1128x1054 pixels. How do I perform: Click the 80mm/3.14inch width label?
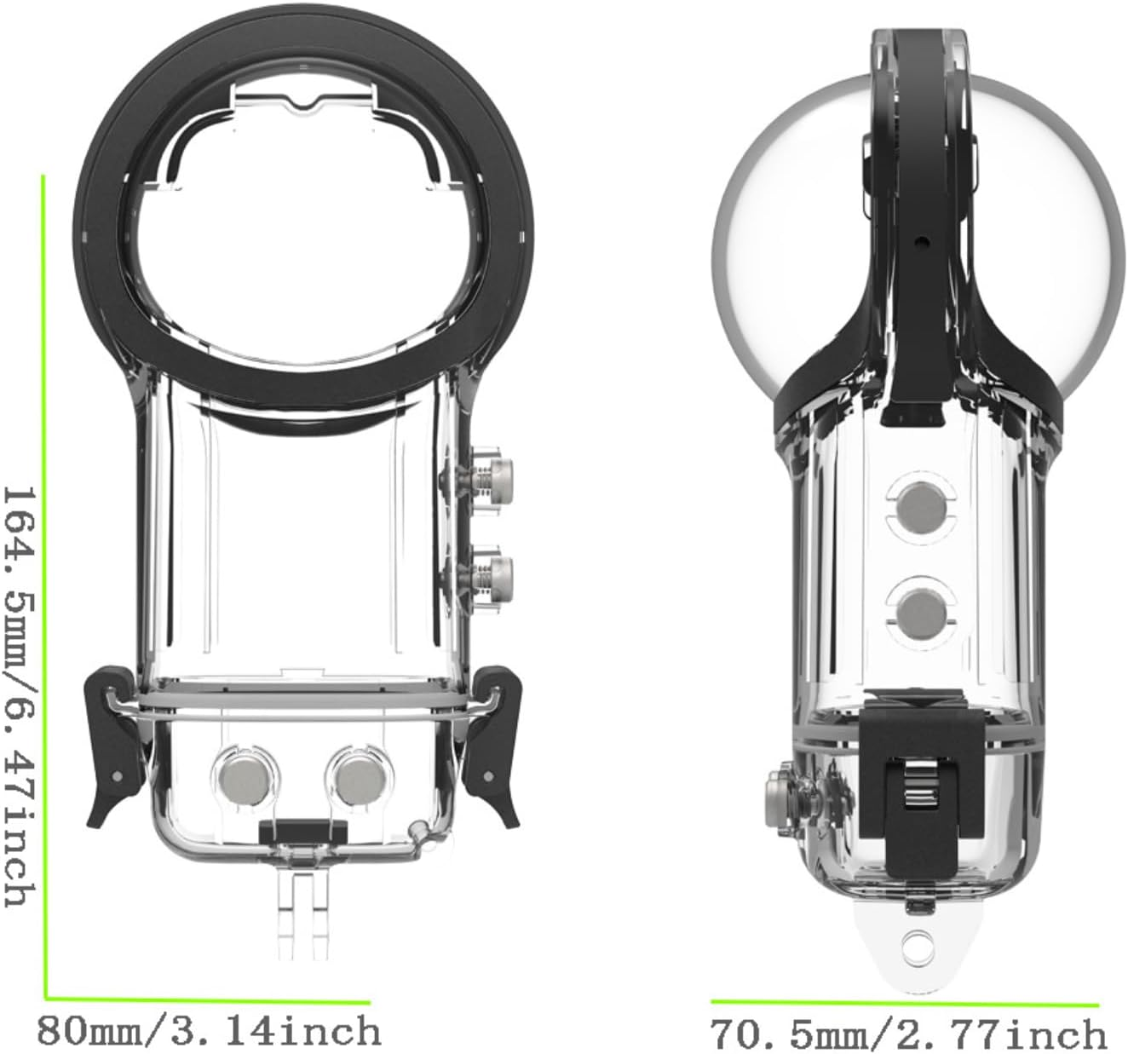pos(209,1031)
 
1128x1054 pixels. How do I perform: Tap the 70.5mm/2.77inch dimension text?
pos(908,1034)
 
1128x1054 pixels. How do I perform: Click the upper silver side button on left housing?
pos(494,478)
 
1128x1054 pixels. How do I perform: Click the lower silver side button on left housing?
pos(494,572)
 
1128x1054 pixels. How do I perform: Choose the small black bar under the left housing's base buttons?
pos(302,827)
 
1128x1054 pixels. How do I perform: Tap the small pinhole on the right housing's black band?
pos(921,239)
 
